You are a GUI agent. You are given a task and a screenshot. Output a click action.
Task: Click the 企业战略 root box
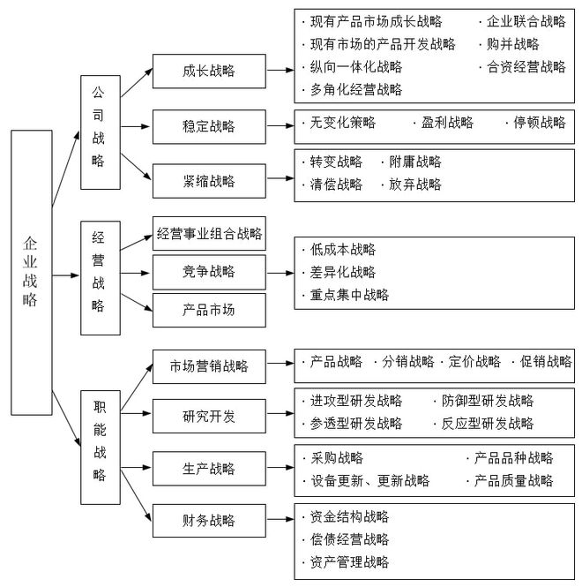[32, 273]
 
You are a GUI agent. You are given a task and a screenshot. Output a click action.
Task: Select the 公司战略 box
[101, 132]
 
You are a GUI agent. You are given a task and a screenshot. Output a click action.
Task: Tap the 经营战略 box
[101, 278]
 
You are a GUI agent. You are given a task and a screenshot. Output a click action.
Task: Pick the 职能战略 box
[101, 448]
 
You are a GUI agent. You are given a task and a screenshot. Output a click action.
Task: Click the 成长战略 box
[209, 71]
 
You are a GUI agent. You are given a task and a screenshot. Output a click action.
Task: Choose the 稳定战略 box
[209, 126]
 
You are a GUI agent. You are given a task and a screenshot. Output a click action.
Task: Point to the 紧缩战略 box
[209, 181]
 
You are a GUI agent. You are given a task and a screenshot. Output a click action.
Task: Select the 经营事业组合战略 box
[209, 233]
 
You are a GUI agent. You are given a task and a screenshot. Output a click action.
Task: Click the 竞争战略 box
[209, 272]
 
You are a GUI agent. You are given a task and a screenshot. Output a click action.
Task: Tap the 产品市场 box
[209, 311]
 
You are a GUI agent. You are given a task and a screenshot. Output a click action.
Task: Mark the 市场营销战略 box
[209, 366]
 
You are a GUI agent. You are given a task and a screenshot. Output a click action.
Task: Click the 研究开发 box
[209, 417]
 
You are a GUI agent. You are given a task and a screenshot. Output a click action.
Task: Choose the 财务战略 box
[209, 521]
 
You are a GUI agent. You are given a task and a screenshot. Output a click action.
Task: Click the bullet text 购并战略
[513, 44]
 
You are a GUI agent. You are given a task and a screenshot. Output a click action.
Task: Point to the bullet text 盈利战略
[447, 123]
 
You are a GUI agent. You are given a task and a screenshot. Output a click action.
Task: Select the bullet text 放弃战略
[415, 184]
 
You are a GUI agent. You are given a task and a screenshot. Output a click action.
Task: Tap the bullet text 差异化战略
[343, 272]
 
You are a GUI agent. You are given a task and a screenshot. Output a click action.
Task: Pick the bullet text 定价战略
[474, 361]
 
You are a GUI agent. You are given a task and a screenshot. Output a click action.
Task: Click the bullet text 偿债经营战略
[349, 539]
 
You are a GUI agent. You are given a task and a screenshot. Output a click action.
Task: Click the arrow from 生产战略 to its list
[280, 468]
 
